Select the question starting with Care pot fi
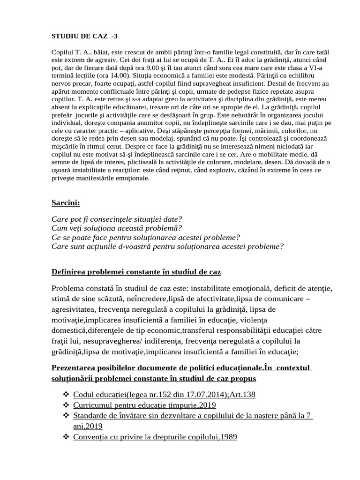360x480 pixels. (117, 219)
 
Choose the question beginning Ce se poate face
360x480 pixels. (145, 237)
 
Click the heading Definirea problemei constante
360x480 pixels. (136, 272)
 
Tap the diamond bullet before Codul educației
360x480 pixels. (66, 394)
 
